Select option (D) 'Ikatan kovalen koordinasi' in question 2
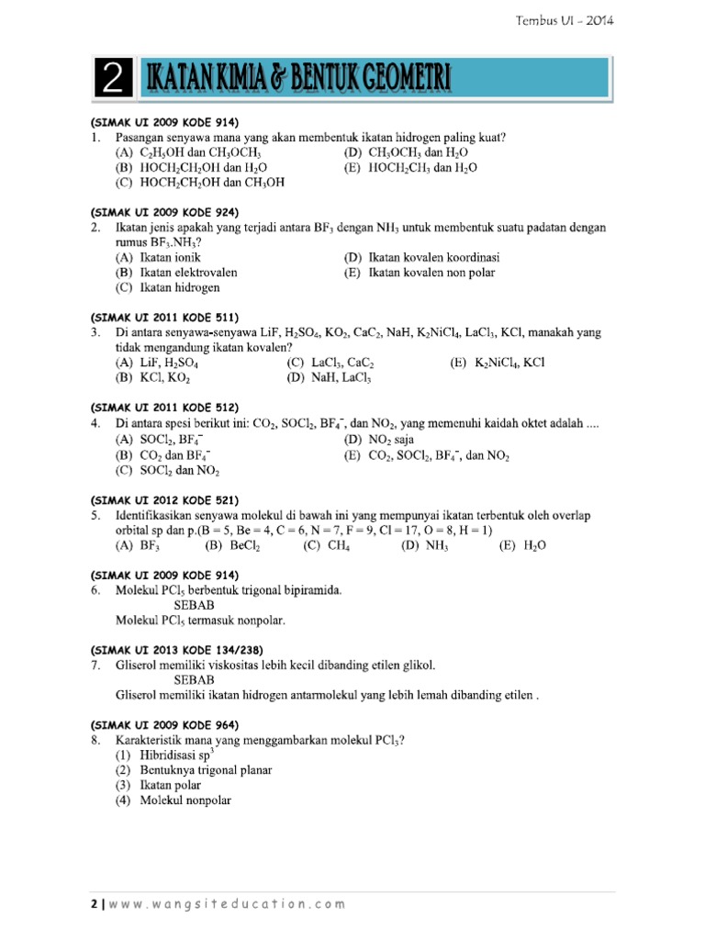pos(421,257)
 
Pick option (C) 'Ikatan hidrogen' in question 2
pos(167,287)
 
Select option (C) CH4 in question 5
pos(327,544)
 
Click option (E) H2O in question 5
pos(522,544)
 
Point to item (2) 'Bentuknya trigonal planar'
pos(194,769)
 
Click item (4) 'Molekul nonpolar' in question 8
pos(173,800)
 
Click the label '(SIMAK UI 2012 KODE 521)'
pos(164,500)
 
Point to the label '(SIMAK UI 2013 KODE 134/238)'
pos(178,649)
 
